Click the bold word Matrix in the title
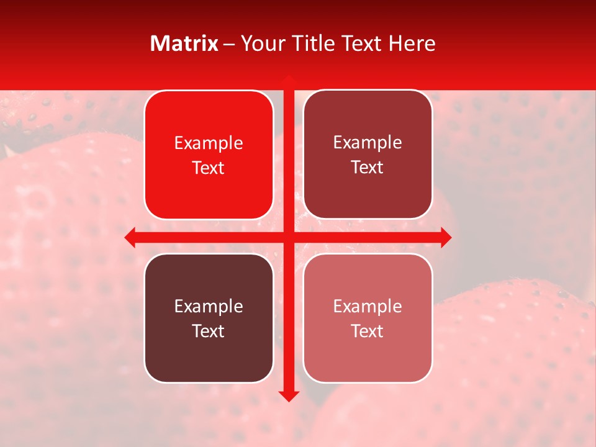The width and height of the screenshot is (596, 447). (184, 43)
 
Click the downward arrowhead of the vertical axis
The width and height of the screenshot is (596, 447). (289, 395)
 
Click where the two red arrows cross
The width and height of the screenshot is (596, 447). (289, 237)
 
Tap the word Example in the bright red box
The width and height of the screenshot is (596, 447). (209, 143)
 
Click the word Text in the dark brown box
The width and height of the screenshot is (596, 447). (209, 331)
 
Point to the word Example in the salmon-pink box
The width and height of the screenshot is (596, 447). (368, 306)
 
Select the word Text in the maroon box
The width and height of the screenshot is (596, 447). (368, 168)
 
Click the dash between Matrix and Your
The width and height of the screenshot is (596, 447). (229, 44)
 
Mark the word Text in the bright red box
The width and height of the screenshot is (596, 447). (209, 168)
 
